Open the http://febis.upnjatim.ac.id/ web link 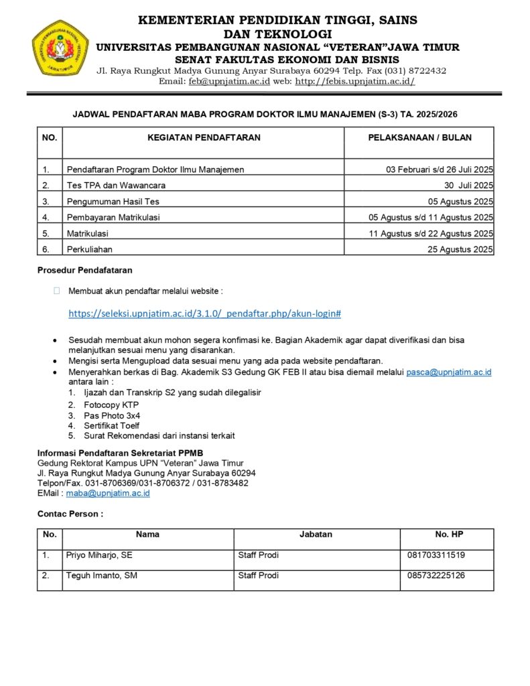tap(355, 81)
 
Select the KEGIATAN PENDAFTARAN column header tap(204, 137)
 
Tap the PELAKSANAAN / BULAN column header tap(419, 137)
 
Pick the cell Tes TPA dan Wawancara tap(116, 186)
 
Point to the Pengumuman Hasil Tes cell tap(113, 202)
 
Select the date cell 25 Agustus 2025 tap(461, 249)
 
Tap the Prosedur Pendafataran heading tap(84, 271)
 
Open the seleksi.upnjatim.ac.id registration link tap(205, 314)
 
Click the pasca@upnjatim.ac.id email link tap(449, 372)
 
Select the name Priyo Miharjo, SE tap(99, 555)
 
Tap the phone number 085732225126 tap(436, 575)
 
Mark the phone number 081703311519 tap(436, 555)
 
